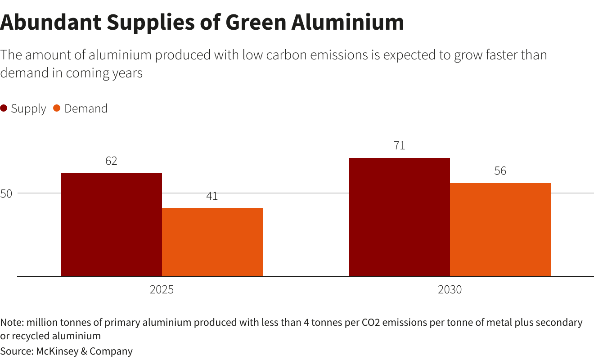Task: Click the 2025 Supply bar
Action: pyautogui.click(x=111, y=225)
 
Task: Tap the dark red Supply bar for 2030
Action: pyautogui.click(x=399, y=217)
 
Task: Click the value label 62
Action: pyautogui.click(x=111, y=161)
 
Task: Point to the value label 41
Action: pyautogui.click(x=212, y=196)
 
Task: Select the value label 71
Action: pyautogui.click(x=399, y=146)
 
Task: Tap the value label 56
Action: pyautogui.click(x=500, y=171)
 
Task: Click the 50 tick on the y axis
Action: pyautogui.click(x=6, y=194)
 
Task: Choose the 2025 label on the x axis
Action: pyautogui.click(x=162, y=289)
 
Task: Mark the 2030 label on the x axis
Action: pyautogui.click(x=450, y=289)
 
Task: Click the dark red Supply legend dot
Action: pyautogui.click(x=4, y=108)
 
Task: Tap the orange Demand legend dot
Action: pyautogui.click(x=57, y=108)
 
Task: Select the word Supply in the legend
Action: pyautogui.click(x=28, y=109)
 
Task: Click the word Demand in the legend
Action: pyautogui.click(x=85, y=109)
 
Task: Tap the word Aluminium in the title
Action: pyautogui.click(x=348, y=22)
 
